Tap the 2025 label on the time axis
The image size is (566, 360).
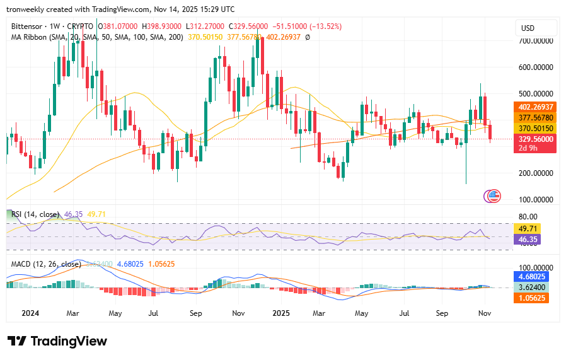click(280, 313)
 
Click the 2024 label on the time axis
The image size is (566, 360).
click(30, 313)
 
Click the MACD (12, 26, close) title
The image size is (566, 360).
click(45, 264)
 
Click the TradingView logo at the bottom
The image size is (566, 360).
click(58, 341)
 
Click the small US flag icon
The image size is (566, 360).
click(494, 196)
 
